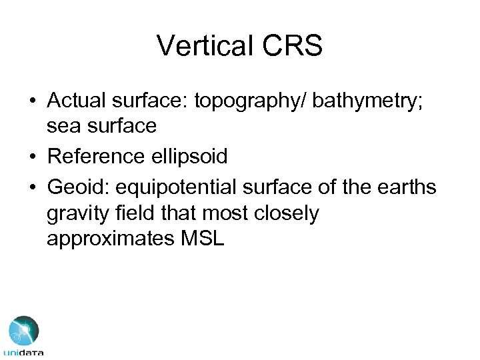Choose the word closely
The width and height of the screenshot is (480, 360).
pyautogui.click(x=288, y=214)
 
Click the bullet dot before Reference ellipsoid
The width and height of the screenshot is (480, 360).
pyautogui.click(x=33, y=157)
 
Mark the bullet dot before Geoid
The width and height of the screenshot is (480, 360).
pyautogui.click(x=33, y=189)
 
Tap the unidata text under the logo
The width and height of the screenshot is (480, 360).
pyautogui.click(x=23, y=353)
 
